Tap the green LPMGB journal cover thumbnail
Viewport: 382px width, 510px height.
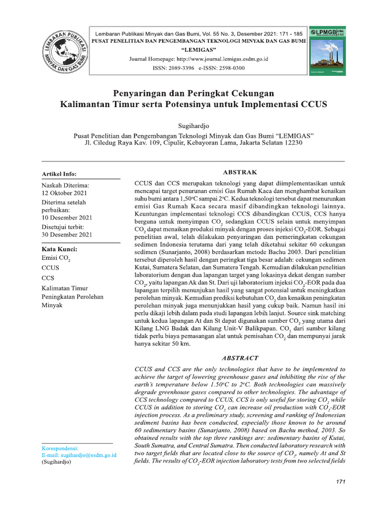click(x=327, y=51)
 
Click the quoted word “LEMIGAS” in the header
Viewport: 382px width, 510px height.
click(x=198, y=50)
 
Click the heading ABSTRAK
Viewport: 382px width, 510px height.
click(x=240, y=172)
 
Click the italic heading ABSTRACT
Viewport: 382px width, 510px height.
click(x=240, y=358)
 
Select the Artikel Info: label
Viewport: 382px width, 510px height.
click(x=59, y=174)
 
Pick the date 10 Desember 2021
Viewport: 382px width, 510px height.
click(x=67, y=218)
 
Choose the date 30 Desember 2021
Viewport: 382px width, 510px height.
click(x=67, y=234)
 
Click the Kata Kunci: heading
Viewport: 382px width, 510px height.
click(x=59, y=249)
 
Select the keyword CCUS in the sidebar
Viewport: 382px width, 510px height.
click(x=51, y=268)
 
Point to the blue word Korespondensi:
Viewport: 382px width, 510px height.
click(x=61, y=448)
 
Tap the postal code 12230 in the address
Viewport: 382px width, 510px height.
click(x=290, y=143)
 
